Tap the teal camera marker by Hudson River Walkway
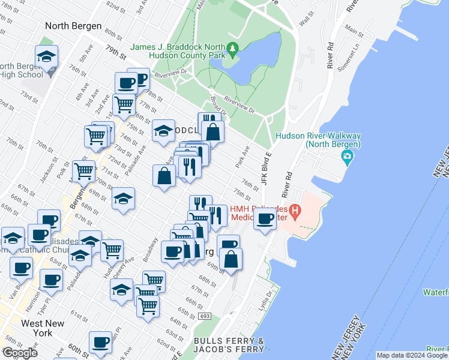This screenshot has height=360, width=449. [347, 158]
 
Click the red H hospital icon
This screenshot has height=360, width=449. [295, 211]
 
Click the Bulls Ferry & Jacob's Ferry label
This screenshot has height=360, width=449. [229, 344]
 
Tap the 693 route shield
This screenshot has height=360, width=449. [205, 316]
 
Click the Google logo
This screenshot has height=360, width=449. [19, 353]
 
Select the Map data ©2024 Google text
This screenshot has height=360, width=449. [412, 355]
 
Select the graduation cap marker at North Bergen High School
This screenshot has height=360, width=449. [46, 56]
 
